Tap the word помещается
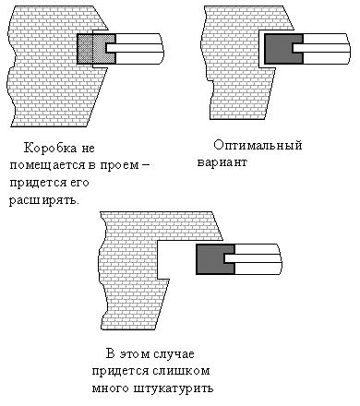tap(44, 164)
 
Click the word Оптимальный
tap(258, 146)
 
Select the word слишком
tap(185, 371)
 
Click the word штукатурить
tap(176, 388)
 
